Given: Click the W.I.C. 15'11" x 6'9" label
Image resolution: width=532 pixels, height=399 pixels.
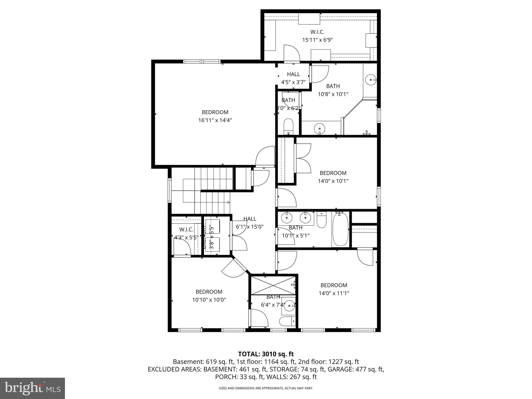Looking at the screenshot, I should click(x=317, y=36).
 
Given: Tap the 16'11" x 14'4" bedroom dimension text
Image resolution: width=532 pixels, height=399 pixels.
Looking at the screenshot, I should click(x=215, y=120).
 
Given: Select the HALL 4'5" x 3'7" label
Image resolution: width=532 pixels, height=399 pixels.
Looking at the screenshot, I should click(x=293, y=78).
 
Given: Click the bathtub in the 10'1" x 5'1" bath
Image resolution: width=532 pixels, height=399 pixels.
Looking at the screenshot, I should click(x=341, y=229).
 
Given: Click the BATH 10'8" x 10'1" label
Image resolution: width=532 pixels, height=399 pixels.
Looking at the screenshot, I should click(x=333, y=90).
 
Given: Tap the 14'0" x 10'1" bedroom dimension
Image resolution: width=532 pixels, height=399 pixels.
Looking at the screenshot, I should click(x=333, y=181).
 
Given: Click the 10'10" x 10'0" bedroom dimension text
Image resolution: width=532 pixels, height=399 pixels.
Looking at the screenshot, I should click(x=209, y=300).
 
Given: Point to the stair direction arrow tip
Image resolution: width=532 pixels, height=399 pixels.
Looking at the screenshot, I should click(x=229, y=202).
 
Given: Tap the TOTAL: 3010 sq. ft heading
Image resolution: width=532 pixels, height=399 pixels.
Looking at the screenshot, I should click(x=266, y=354).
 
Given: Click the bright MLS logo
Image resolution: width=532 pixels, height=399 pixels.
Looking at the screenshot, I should click(x=32, y=388).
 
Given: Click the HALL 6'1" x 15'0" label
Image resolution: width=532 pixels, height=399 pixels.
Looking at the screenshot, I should click(x=250, y=223).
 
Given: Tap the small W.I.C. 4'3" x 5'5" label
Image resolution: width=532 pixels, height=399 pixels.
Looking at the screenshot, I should click(x=186, y=233).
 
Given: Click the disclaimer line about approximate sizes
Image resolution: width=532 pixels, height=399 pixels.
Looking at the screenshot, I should click(x=266, y=388).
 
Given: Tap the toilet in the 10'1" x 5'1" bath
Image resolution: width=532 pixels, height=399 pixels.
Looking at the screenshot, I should click(x=322, y=220).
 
